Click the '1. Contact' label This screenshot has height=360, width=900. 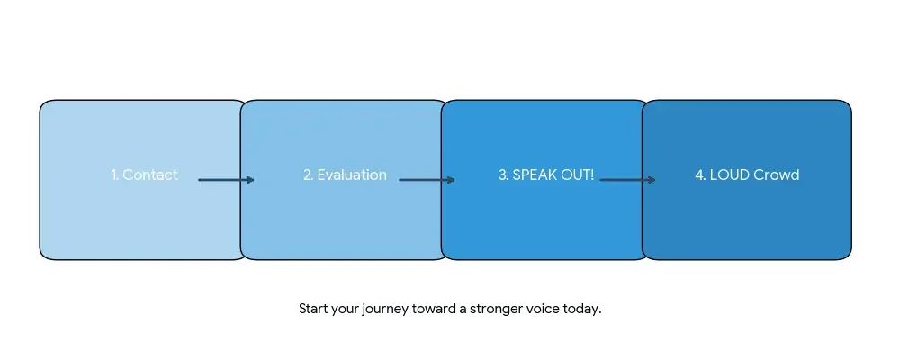coord(144,175)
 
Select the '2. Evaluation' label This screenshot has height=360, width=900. coord(345,175)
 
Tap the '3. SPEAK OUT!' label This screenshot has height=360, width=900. coord(545,175)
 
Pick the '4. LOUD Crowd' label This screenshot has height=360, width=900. coord(747,175)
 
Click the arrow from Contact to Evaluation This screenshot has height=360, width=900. coord(225,180)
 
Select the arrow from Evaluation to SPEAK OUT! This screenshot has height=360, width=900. coord(426,180)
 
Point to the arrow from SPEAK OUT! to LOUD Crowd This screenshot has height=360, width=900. coord(626,180)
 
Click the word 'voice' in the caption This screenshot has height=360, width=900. coord(546,309)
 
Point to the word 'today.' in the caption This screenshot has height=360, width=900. coord(583,309)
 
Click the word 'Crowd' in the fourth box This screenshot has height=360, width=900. coord(776,175)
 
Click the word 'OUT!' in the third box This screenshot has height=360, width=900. coord(579,175)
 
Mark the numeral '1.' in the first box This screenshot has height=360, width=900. coord(115,175)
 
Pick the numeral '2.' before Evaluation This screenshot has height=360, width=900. coord(309,175)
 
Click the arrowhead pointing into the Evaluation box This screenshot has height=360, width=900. coord(250,180)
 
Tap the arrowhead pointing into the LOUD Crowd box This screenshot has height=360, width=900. coord(652,180)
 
